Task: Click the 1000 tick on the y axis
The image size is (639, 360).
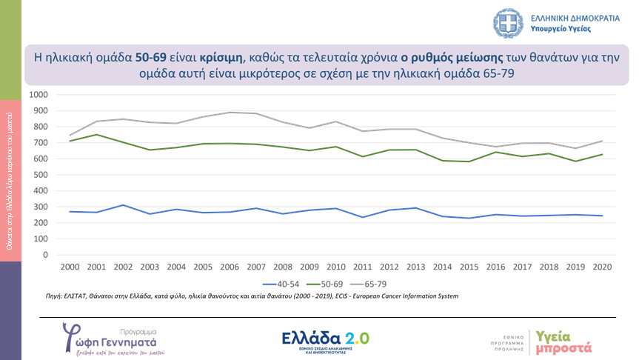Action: click(37, 95)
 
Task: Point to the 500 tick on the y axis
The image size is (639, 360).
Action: click(40, 175)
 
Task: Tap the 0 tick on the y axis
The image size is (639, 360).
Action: click(44, 255)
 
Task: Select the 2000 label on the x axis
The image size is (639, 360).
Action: click(70, 266)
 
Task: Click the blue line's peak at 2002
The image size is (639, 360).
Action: click(124, 205)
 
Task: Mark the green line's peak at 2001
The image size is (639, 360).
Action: click(97, 135)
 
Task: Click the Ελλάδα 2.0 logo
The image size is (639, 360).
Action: click(326, 339)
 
